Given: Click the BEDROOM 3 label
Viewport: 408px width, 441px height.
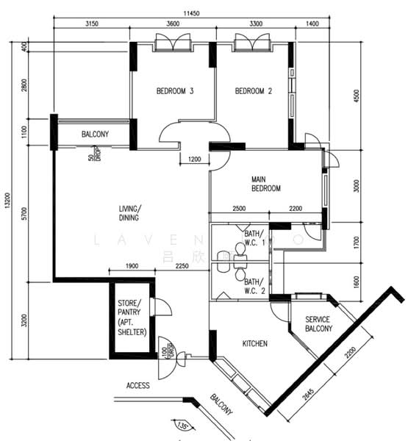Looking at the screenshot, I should (x=174, y=92).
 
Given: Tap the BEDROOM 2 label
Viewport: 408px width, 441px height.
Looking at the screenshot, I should (x=254, y=92).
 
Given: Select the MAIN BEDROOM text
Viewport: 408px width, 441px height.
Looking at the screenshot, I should (x=266, y=184).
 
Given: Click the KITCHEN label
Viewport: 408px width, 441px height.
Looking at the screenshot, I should (x=255, y=343).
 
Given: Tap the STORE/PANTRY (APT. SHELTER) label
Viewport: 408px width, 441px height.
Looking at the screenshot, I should (x=132, y=318).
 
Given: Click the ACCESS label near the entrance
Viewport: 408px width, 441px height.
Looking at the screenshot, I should (x=137, y=385).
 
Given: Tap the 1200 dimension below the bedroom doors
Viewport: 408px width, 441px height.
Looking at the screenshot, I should (x=195, y=159).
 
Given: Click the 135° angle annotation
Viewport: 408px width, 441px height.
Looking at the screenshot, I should (x=181, y=426).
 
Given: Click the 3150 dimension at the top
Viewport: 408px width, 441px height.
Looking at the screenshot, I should (x=91, y=24).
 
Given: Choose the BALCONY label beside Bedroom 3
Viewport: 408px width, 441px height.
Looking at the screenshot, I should (x=95, y=134).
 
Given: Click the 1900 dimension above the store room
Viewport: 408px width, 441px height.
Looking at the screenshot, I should (x=132, y=266).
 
